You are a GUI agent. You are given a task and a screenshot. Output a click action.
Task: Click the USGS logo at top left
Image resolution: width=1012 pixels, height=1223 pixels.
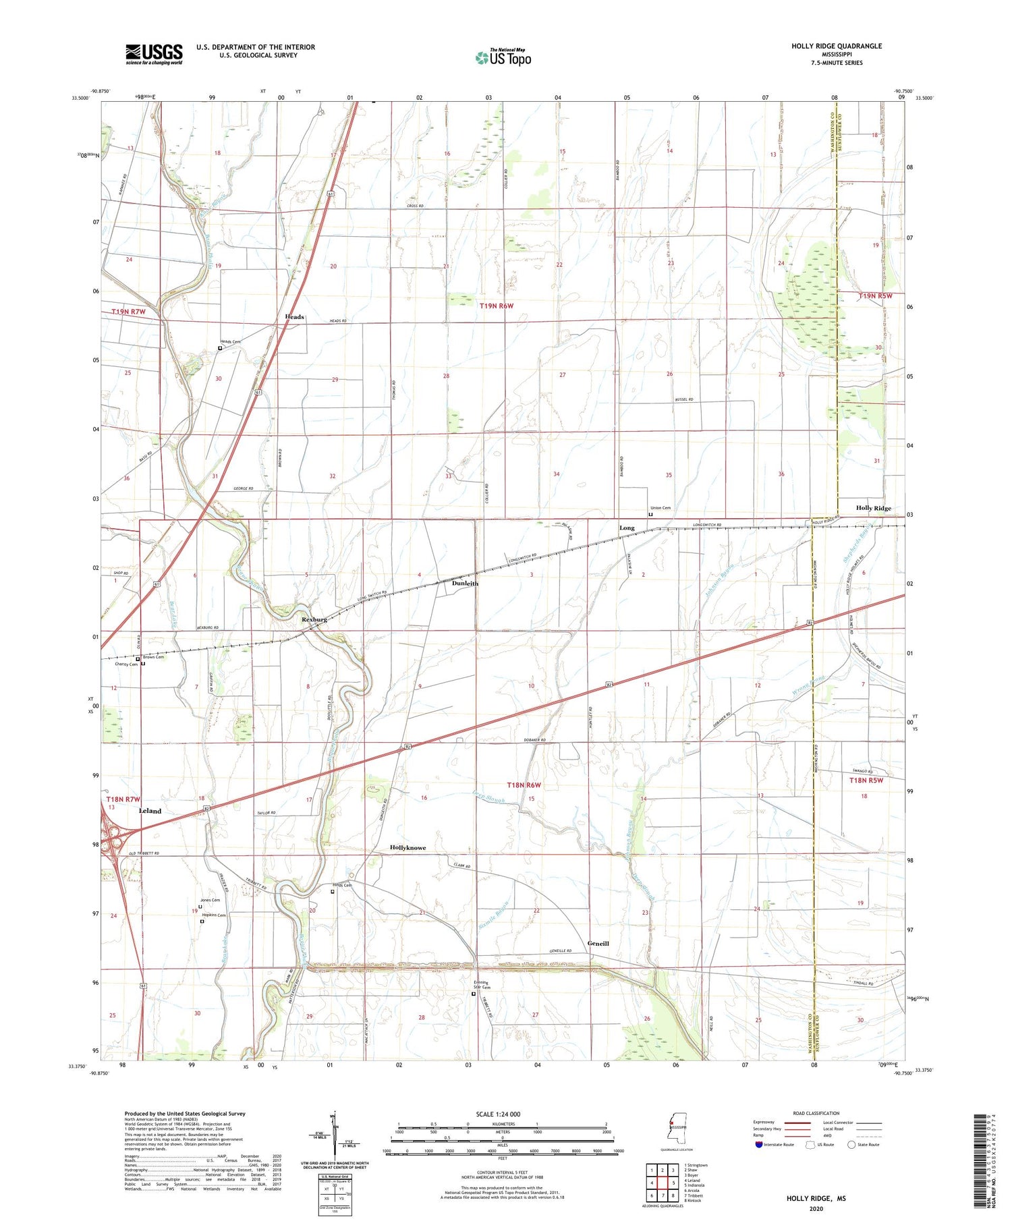point(154,54)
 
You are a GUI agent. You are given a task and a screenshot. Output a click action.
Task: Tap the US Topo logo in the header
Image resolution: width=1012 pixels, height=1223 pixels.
point(503,57)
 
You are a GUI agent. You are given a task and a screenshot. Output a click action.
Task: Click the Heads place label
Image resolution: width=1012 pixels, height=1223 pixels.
point(294,316)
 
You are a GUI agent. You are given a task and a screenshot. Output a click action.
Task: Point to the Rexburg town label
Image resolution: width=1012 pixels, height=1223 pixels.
point(314,619)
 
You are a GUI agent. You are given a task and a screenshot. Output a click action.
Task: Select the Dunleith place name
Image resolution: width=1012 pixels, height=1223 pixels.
point(465,583)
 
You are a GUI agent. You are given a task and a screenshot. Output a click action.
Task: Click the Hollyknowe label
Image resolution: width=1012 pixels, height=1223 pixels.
point(407,847)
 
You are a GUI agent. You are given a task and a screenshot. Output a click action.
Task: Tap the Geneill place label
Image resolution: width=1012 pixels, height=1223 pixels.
point(598,943)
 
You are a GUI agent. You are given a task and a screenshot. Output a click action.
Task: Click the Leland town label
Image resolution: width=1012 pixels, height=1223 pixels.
point(150,811)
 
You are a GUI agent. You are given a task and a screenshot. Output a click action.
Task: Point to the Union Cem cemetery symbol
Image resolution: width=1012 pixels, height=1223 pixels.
point(650,514)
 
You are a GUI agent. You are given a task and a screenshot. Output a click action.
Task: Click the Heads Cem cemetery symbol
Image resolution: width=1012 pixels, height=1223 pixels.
point(220,349)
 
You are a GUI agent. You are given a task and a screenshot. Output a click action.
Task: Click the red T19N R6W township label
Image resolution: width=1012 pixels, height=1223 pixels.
point(496,306)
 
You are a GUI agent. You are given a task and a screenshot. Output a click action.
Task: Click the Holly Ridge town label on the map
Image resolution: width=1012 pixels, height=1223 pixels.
point(873,508)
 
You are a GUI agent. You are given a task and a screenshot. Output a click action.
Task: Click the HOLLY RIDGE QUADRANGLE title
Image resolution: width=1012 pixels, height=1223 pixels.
point(837,46)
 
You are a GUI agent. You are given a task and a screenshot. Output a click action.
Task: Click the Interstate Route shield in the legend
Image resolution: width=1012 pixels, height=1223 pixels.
point(759,1144)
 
